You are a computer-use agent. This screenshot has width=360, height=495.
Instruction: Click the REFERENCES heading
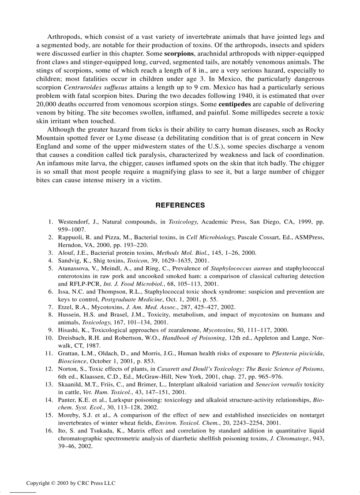(x=180, y=205)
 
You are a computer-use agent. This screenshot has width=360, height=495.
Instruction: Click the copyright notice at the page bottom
(x=71, y=483)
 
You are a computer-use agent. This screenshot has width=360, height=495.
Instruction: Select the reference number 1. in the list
(x=51, y=222)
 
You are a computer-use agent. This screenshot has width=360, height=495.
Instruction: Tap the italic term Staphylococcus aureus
(x=240, y=268)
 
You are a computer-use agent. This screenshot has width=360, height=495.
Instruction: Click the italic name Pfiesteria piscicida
(x=297, y=354)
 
